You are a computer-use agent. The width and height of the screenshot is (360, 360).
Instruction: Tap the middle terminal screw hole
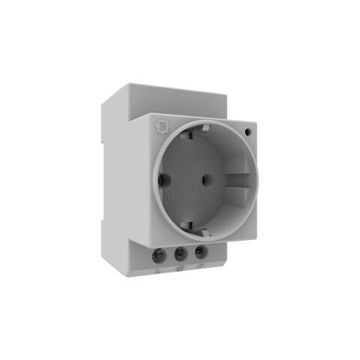[x=180, y=253]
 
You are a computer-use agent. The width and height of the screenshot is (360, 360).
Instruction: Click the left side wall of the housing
[x=120, y=187]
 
